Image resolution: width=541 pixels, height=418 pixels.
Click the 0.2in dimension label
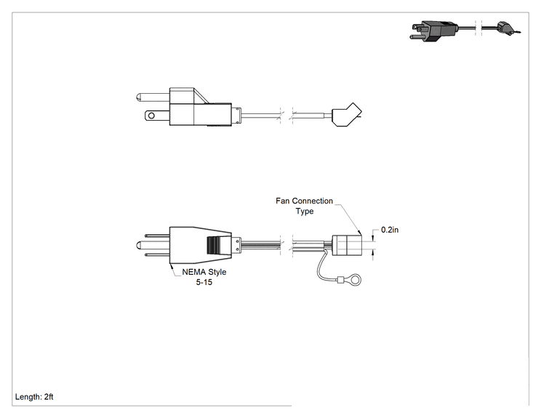click(390, 230)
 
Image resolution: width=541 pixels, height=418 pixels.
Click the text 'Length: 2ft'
click(34, 397)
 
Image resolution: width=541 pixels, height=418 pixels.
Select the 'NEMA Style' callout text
click(204, 272)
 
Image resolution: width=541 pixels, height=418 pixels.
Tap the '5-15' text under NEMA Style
click(204, 282)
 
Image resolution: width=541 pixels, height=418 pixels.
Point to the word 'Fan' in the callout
click(283, 201)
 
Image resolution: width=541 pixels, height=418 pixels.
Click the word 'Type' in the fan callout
click(305, 211)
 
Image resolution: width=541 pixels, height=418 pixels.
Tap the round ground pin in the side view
click(153, 97)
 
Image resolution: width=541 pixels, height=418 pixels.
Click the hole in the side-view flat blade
click(151, 116)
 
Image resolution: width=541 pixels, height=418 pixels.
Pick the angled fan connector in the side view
click(347, 115)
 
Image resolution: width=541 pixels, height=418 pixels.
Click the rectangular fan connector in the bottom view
click(347, 245)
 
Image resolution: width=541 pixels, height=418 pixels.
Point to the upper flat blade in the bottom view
click(157, 236)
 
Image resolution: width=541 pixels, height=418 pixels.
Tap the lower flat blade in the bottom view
click(157, 255)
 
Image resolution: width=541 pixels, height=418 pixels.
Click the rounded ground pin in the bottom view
click(153, 245)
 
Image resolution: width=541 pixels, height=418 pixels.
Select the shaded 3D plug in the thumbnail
click(434, 31)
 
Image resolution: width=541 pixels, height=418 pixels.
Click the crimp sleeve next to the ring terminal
click(340, 281)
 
